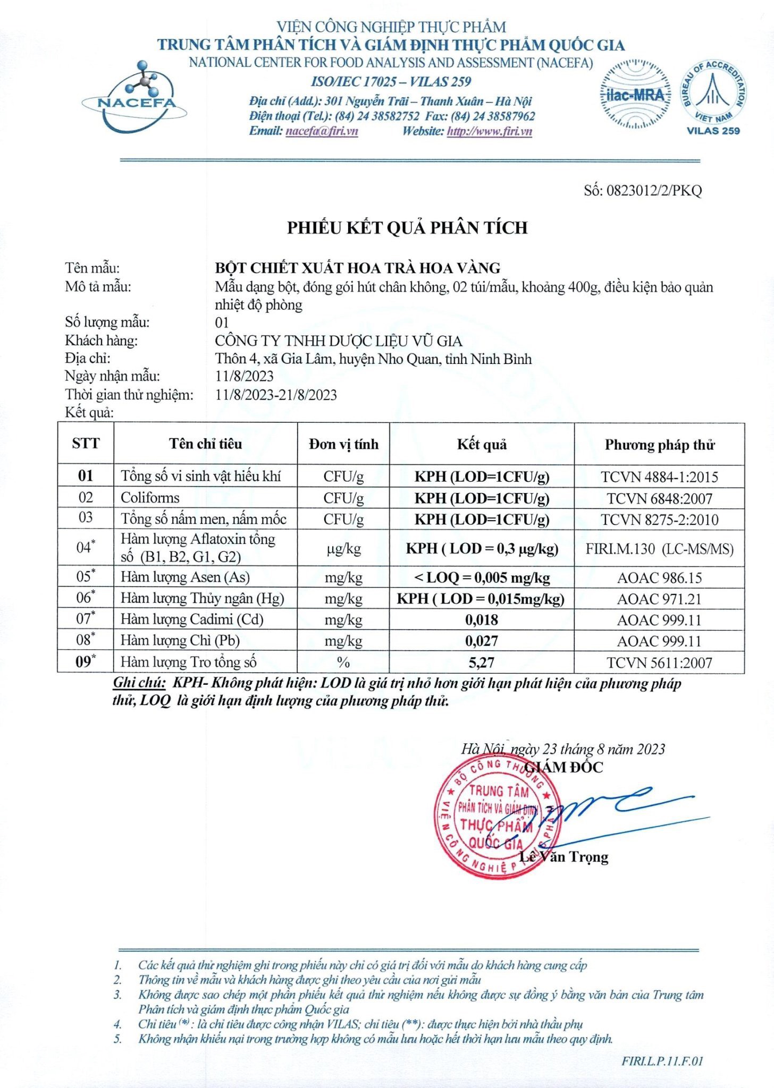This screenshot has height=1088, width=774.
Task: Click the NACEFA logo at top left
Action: coord(134,98)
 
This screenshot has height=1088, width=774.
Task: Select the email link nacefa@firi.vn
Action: coord(322,131)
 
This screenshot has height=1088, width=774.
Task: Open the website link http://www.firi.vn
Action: coord(489,131)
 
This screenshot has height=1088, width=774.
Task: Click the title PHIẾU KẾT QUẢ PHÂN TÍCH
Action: coord(407,228)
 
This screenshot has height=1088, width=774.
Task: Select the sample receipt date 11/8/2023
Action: coord(245,376)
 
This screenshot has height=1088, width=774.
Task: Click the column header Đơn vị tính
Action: coord(343,444)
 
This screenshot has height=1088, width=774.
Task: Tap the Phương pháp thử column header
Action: coord(659,445)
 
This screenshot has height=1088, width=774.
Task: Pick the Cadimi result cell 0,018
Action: coord(482,620)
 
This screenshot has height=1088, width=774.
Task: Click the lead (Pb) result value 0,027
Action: coord(482,641)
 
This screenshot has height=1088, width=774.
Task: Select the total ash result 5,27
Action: coord(482,662)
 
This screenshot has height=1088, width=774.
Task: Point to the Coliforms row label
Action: coord(150,498)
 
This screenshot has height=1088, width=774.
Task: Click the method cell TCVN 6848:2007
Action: coord(659,498)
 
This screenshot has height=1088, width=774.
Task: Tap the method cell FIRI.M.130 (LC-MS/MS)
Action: coord(659,549)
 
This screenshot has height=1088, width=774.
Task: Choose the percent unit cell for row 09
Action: coord(343,662)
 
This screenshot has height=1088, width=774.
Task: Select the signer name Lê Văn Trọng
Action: coord(563,857)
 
